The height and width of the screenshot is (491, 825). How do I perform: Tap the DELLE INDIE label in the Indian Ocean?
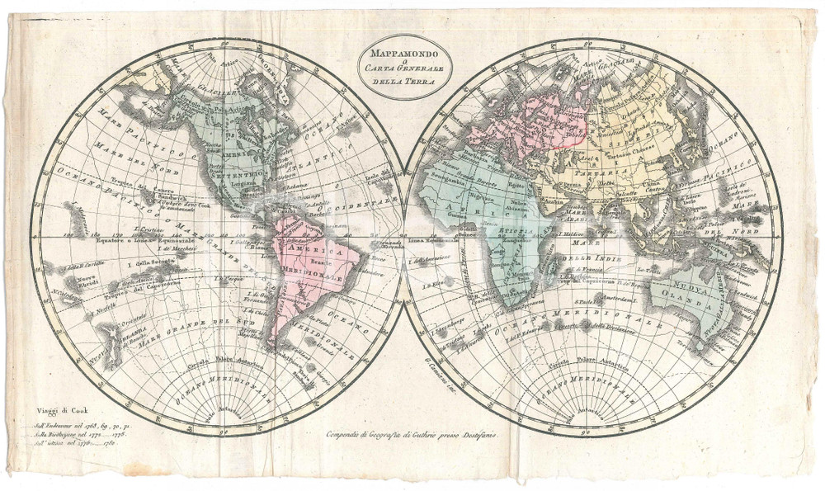coord(584,258)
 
